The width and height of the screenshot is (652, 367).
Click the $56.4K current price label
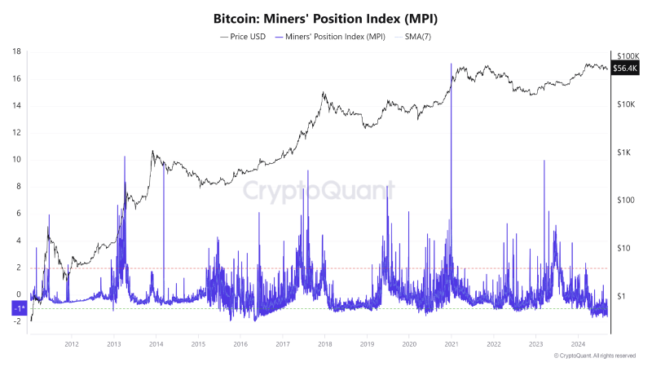pos(625,69)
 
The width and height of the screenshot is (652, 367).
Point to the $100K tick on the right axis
pos(628,55)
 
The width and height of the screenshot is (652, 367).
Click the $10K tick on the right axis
pos(628,104)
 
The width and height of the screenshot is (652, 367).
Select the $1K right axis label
pos(625,153)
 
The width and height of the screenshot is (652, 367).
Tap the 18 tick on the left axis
pos(16,51)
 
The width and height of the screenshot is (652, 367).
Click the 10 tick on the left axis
pos(16,159)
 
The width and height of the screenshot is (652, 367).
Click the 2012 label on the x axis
pos(71,345)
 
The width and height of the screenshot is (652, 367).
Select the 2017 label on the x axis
pos(282,345)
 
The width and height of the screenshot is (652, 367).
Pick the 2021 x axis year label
pos(452,345)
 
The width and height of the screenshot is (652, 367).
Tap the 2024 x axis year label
pos(578,345)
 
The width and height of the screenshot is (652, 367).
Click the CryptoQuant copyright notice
pos(594,356)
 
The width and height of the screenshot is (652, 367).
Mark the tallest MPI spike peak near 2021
pos(451,64)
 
